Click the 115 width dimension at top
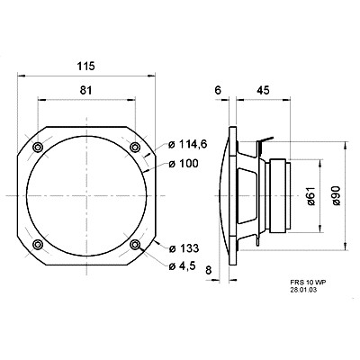coord(86,67)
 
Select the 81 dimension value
coord(86,90)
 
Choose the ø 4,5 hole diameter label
coord(184,265)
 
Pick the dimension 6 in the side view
coord(219,90)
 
